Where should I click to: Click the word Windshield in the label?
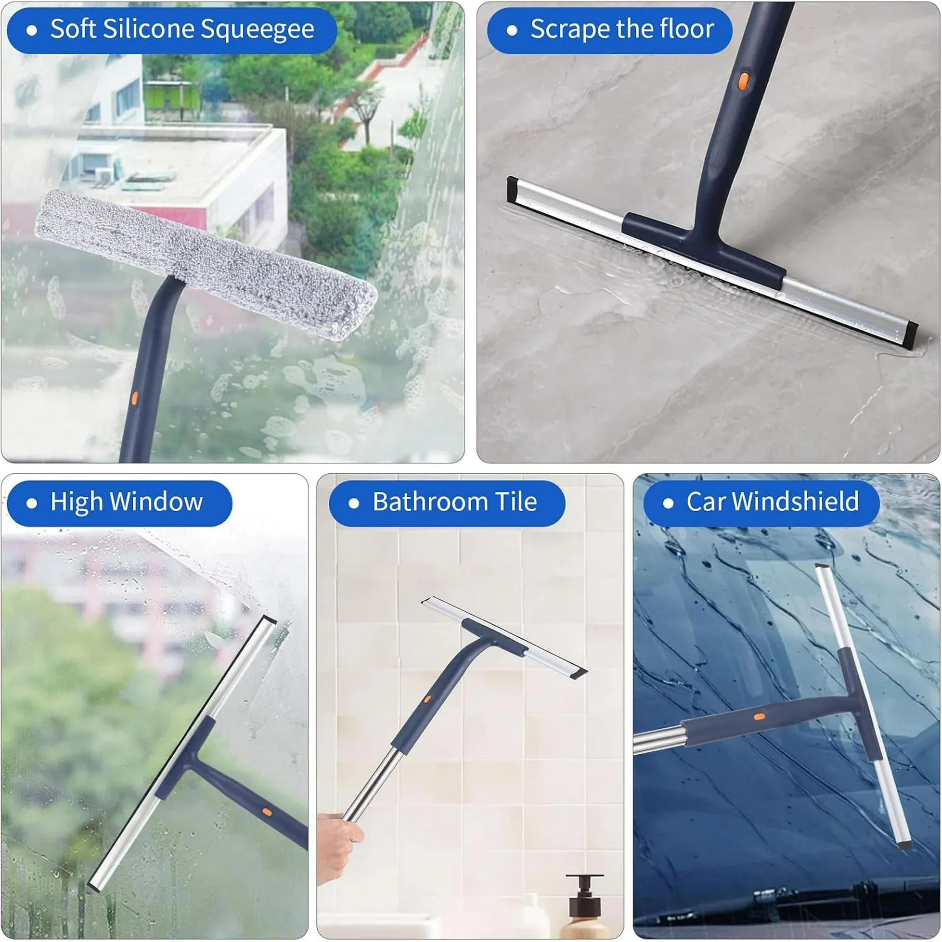pos(795,501)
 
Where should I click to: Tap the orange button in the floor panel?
pos(743,81)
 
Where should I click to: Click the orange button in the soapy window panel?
pos(135,398)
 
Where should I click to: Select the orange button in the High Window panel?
pos(267,812)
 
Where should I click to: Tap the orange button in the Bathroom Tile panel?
pos(427,699)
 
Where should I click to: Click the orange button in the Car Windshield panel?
pos(759,717)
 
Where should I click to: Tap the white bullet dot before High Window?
pos(32,503)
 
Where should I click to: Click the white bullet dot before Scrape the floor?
pos(512,30)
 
